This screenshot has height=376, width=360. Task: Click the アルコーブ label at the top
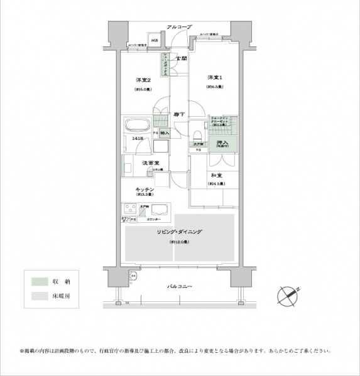coord(179,27)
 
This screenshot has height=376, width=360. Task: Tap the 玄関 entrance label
coord(180,58)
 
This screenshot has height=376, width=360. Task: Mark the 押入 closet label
coord(222,143)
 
